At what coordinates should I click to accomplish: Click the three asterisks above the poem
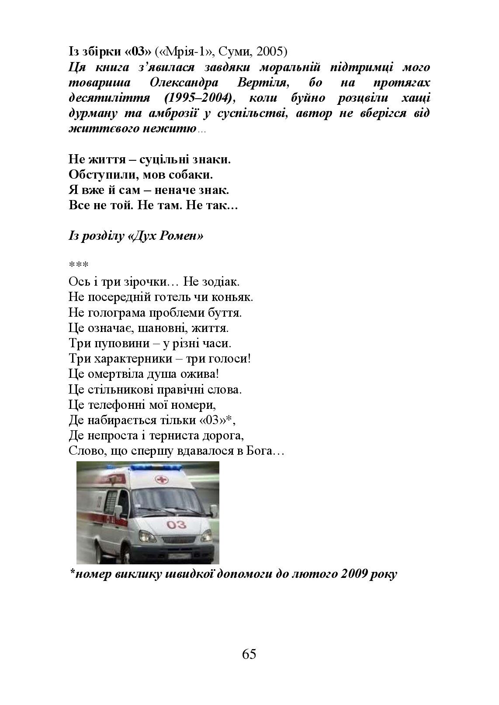tap(79, 265)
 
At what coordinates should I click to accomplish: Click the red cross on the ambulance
tap(162, 480)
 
